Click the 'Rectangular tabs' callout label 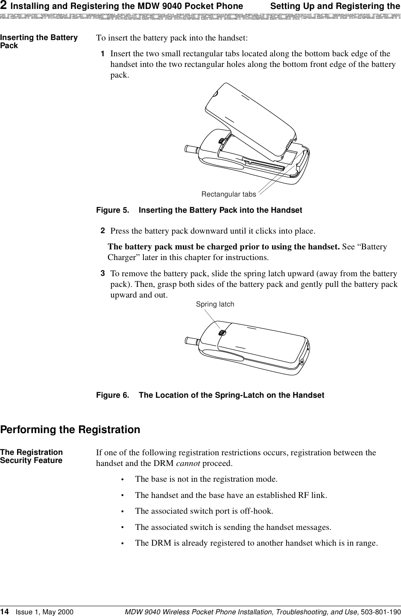coord(228,194)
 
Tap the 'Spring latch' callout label coord(215,304)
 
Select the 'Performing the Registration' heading coord(70,429)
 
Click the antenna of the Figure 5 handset coord(191,149)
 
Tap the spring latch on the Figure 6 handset coord(222,333)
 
